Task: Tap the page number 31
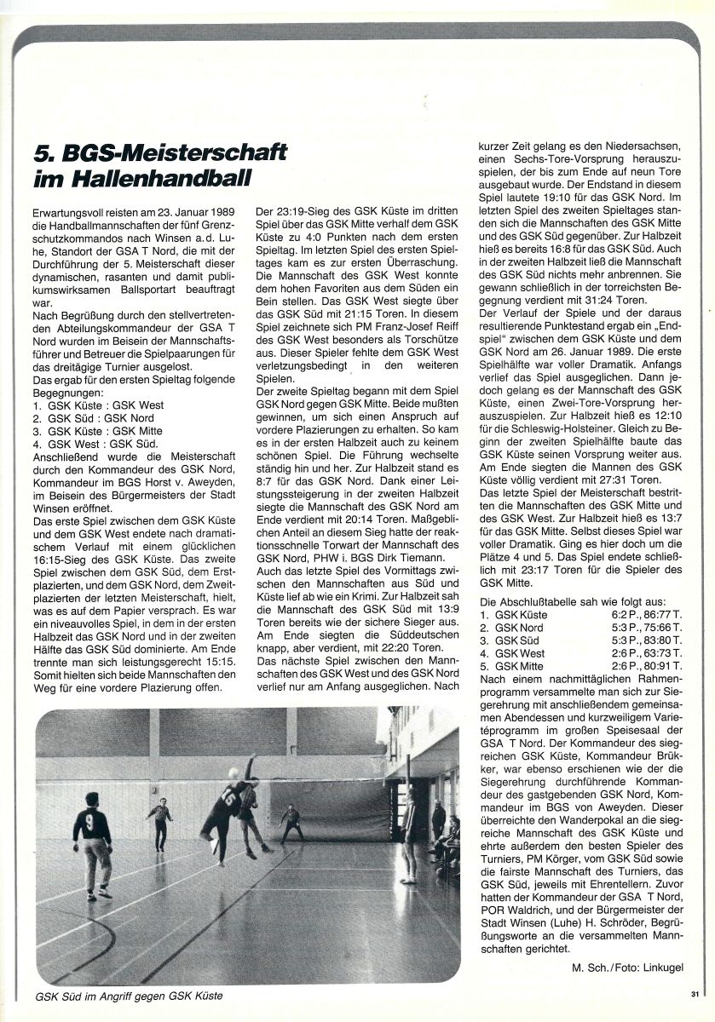click(695, 993)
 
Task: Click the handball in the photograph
click(233, 772)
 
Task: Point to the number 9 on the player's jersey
click(88, 823)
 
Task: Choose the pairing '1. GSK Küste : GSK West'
click(96, 405)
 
